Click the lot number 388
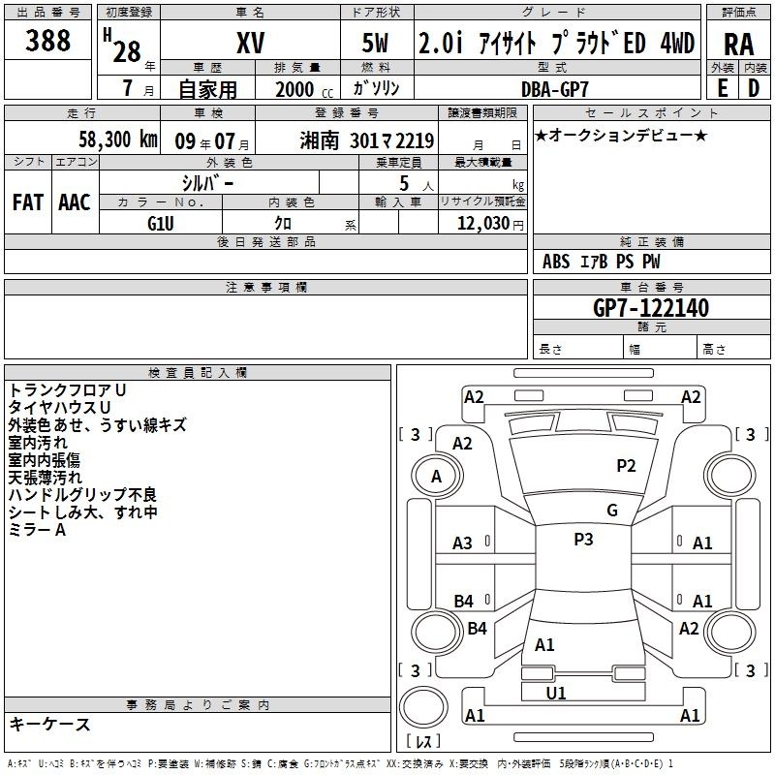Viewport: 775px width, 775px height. tap(47, 40)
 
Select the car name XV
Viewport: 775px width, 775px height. tap(251, 43)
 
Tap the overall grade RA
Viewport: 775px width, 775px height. tap(738, 45)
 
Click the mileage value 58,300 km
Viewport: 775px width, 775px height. tap(118, 139)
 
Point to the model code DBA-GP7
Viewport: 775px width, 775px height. tap(555, 89)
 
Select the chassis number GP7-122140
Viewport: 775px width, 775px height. tap(651, 308)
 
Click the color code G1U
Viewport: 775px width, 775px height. tap(161, 224)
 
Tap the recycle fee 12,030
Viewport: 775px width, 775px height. tap(483, 223)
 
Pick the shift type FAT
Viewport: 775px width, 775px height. tap(28, 202)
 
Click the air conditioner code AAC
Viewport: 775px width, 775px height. tap(75, 202)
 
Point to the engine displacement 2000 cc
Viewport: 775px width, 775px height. tap(304, 89)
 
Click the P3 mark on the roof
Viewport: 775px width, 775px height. tap(583, 540)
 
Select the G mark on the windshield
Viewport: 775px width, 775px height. tap(612, 511)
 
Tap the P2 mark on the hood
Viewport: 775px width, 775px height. tap(626, 466)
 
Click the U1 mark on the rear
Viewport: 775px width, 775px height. tap(555, 694)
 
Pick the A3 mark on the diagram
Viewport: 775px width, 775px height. tap(462, 543)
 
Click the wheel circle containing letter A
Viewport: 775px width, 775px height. tap(437, 476)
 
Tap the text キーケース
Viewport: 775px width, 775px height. tap(50, 724)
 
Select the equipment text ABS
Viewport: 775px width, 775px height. tap(556, 262)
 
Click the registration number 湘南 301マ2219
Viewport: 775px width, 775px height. tap(367, 140)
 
